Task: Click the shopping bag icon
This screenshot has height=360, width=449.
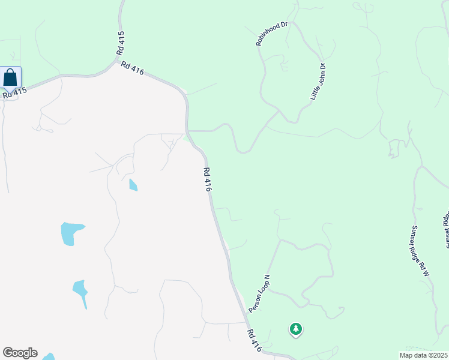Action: pyautogui.click(x=10, y=77)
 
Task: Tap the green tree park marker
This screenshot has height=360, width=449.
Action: pyautogui.click(x=295, y=329)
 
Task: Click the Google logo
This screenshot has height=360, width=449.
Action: pyautogui.click(x=20, y=353)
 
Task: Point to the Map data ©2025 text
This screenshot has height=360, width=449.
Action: pyautogui.click(x=423, y=355)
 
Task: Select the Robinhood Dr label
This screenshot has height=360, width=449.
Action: pyautogui.click(x=272, y=34)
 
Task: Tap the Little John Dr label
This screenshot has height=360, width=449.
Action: pyautogui.click(x=317, y=81)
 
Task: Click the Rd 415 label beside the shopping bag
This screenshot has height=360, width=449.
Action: pyautogui.click(x=15, y=93)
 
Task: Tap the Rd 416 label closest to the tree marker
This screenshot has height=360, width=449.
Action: pyautogui.click(x=254, y=340)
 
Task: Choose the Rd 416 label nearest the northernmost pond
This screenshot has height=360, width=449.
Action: pyautogui.click(x=207, y=179)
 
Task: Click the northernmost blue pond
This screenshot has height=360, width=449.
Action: pyautogui.click(x=133, y=185)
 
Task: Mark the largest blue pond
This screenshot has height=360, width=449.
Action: pyautogui.click(x=71, y=233)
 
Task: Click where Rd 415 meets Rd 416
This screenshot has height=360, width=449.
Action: pyautogui.click(x=119, y=59)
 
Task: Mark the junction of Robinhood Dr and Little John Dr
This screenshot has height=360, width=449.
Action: pyautogui.click(x=279, y=111)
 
